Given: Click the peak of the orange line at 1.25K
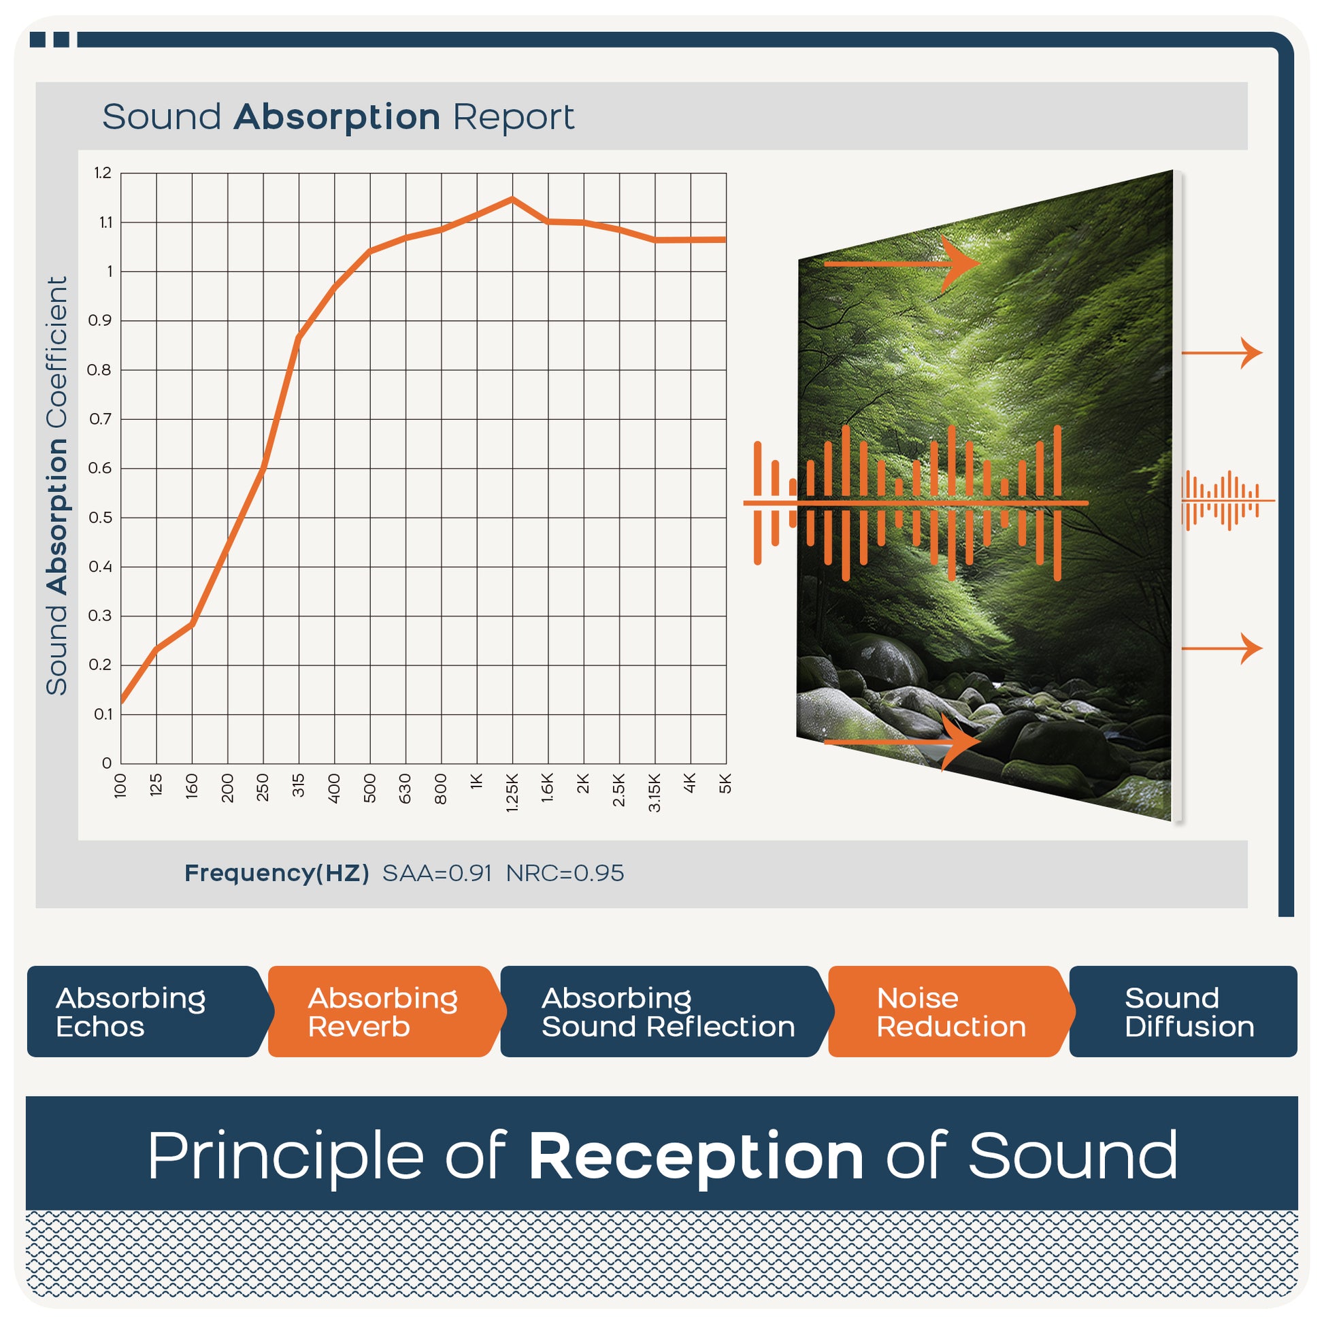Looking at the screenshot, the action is click(x=512, y=199).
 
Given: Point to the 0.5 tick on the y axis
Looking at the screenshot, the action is click(x=100, y=517).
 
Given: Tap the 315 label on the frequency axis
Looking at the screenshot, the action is click(x=298, y=784).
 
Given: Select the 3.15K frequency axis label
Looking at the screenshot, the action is click(x=655, y=792).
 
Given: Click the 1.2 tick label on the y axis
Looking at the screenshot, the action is click(x=103, y=173).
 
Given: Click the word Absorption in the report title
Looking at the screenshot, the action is click(x=337, y=117).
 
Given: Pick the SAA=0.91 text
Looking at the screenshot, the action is click(x=437, y=873).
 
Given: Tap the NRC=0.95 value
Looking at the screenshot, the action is click(x=565, y=873).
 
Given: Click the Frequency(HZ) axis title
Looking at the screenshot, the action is click(x=277, y=873).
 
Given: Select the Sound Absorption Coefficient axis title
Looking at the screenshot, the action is click(x=57, y=486).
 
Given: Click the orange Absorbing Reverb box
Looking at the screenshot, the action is click(x=385, y=1012).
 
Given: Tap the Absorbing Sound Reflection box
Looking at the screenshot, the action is click(x=665, y=1012).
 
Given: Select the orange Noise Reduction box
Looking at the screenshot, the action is click(x=950, y=1012).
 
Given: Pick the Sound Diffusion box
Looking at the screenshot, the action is click(x=1184, y=1012).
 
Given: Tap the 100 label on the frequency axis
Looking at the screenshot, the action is click(x=120, y=785).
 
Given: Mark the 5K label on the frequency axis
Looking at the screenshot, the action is click(x=726, y=783).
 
